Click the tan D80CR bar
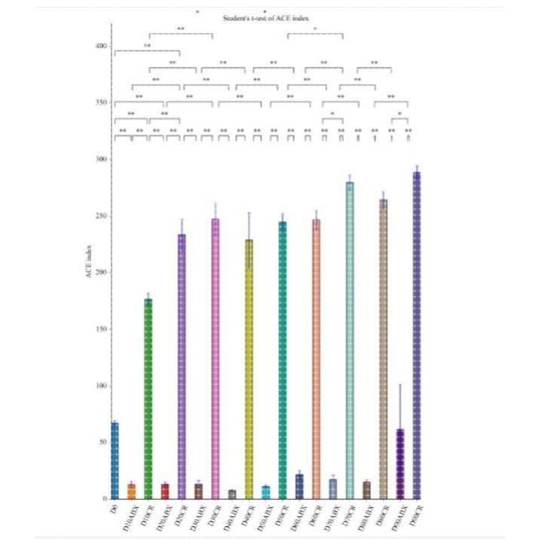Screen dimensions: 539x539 [383, 348]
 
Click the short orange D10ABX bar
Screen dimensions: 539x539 [131, 491]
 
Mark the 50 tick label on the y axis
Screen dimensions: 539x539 [102, 442]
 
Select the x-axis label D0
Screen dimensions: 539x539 [113, 512]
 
